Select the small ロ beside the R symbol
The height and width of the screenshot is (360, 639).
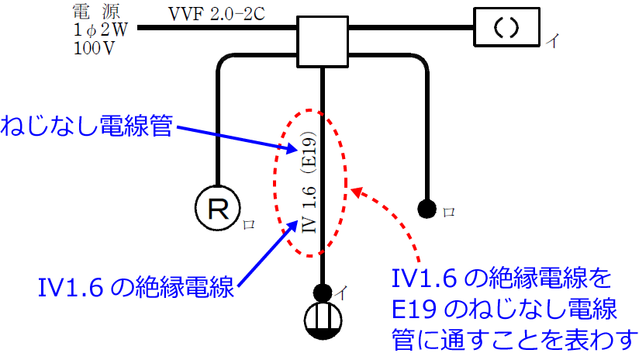248,225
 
